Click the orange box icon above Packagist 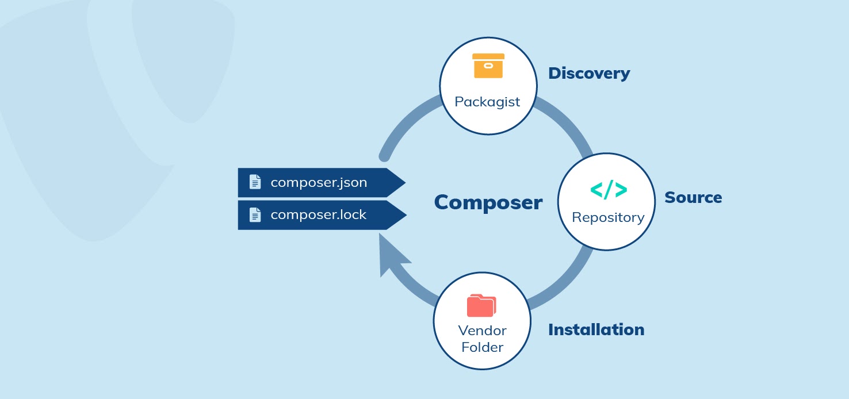click(x=488, y=66)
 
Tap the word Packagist click(x=487, y=102)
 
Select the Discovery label click(x=588, y=74)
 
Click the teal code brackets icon click(x=608, y=190)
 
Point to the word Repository click(x=608, y=217)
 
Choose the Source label click(x=693, y=198)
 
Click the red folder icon click(x=481, y=305)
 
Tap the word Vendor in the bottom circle click(x=482, y=331)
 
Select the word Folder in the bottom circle click(x=482, y=347)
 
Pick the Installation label click(x=595, y=330)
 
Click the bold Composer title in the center click(x=488, y=202)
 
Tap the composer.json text click(x=319, y=183)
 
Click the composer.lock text click(x=318, y=215)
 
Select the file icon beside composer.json click(x=255, y=182)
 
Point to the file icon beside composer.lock click(x=255, y=215)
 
